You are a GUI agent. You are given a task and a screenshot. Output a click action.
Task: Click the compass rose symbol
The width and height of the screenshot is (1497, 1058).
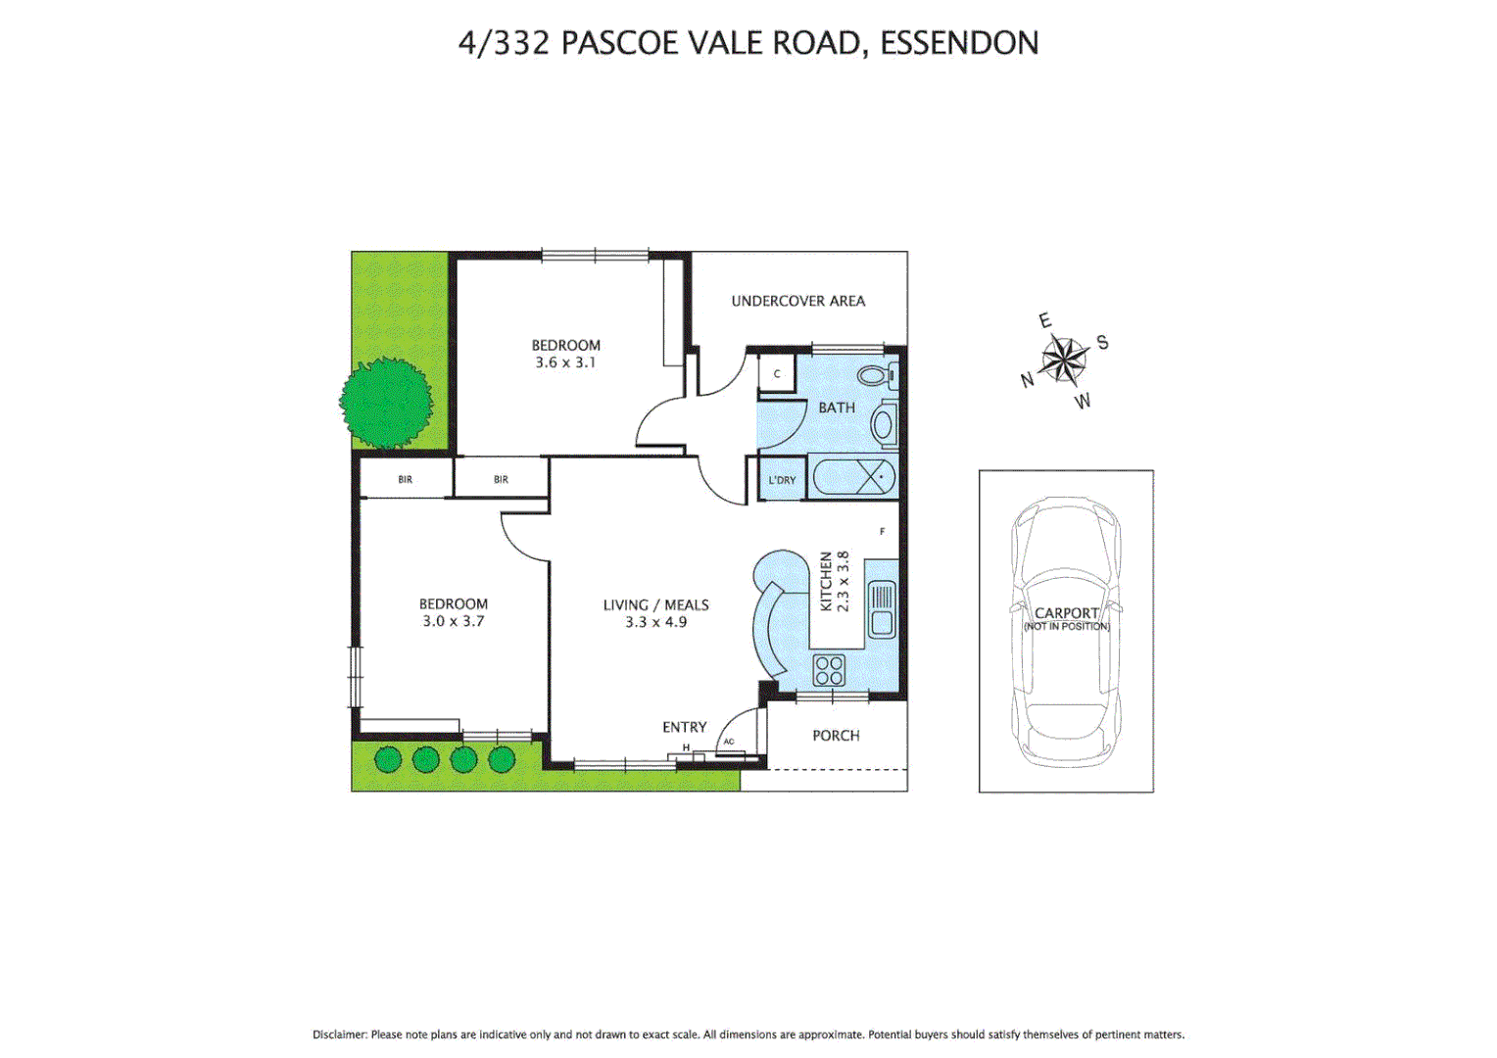1064,361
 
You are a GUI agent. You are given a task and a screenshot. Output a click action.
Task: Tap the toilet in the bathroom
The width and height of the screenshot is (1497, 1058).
876,374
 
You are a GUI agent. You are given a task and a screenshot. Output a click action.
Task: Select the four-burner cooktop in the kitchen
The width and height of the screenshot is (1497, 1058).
829,670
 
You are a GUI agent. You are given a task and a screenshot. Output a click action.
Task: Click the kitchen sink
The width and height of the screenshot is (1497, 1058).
882,608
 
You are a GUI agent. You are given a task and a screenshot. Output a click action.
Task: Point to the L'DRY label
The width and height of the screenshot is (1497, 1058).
782,480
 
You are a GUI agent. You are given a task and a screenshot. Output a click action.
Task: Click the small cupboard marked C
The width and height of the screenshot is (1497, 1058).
777,374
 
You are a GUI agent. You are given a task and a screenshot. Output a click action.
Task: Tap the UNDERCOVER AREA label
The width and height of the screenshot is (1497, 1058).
798,301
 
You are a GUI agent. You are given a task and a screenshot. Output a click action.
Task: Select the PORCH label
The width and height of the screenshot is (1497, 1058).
836,736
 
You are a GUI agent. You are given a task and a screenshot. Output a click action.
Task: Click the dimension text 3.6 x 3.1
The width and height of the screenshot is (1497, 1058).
565,362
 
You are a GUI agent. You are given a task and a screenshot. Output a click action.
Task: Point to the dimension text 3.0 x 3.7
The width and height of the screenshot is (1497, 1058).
453,621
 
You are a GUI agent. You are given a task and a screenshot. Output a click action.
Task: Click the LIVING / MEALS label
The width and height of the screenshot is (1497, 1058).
655,605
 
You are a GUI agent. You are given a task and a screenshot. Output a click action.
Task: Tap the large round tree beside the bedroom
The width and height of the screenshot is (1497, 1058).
386,403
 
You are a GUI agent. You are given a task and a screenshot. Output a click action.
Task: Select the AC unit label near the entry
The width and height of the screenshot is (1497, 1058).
729,742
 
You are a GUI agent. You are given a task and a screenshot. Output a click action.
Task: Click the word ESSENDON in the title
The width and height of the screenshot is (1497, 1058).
959,43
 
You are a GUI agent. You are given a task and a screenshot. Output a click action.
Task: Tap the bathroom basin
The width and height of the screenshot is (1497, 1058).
883,425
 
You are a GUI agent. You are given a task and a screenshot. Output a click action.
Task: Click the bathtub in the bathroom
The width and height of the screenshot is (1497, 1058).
853,478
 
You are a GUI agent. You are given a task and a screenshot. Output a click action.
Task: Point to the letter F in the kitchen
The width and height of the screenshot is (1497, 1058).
882,532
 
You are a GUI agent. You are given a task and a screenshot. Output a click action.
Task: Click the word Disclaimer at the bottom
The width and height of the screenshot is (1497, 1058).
340,1034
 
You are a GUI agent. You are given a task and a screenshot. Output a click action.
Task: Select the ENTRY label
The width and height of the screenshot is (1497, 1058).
684,727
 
